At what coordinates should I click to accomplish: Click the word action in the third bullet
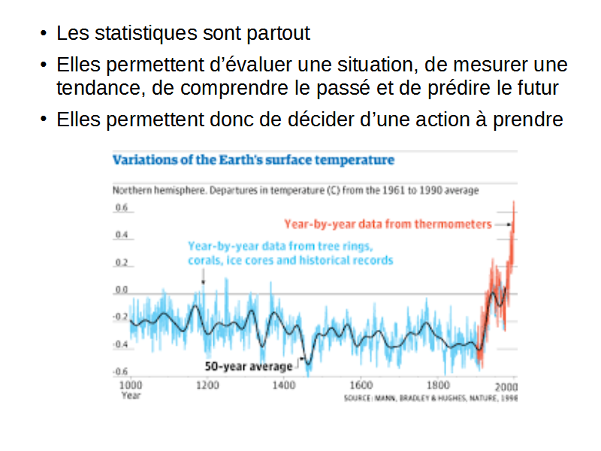tap(442, 120)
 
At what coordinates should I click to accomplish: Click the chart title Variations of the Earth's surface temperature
tap(253, 160)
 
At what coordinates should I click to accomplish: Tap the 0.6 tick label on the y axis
tap(121, 207)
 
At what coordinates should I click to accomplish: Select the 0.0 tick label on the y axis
tap(121, 289)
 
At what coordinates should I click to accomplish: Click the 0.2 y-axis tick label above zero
tap(121, 262)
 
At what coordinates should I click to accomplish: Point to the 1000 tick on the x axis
tap(130, 386)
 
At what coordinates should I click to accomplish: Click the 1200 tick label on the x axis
tap(207, 386)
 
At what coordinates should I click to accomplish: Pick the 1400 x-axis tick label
tap(284, 386)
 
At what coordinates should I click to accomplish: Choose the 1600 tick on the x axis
tap(361, 386)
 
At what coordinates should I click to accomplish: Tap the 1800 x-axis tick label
tap(438, 386)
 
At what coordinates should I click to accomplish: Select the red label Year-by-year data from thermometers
tap(388, 224)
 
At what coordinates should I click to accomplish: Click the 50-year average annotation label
tap(248, 367)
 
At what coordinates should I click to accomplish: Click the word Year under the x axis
tap(131, 395)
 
